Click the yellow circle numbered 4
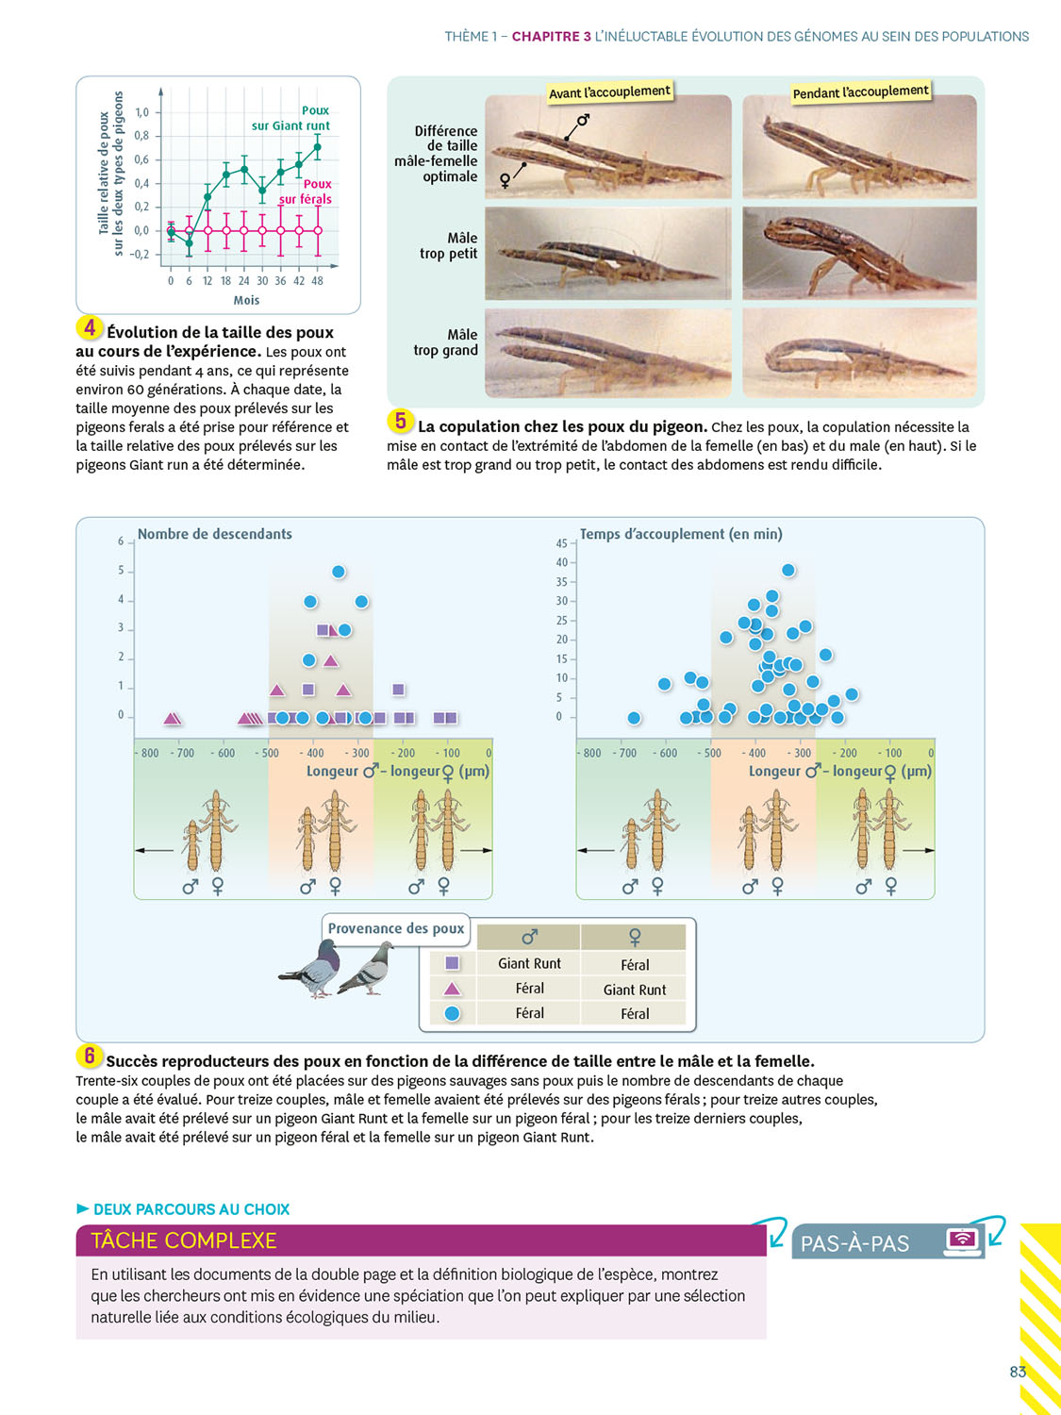(x=90, y=327)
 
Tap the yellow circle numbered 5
(x=401, y=421)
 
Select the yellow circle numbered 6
(x=90, y=1056)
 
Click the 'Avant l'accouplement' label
(x=609, y=92)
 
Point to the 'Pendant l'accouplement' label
(x=860, y=92)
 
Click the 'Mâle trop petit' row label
(x=449, y=246)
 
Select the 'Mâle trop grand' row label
(x=446, y=342)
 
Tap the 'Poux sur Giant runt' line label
(x=291, y=118)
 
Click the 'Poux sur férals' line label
(x=306, y=191)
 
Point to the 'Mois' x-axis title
(x=246, y=300)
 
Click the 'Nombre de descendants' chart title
(x=215, y=534)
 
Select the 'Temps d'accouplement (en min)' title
(x=681, y=534)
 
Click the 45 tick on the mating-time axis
(x=562, y=543)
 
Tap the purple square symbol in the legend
(x=452, y=963)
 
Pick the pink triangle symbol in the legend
(x=452, y=989)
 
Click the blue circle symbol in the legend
(x=452, y=1013)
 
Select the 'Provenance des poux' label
(x=396, y=928)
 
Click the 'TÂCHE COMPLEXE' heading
(x=184, y=1240)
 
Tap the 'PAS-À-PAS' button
(x=855, y=1243)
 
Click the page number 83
(x=1018, y=1372)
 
